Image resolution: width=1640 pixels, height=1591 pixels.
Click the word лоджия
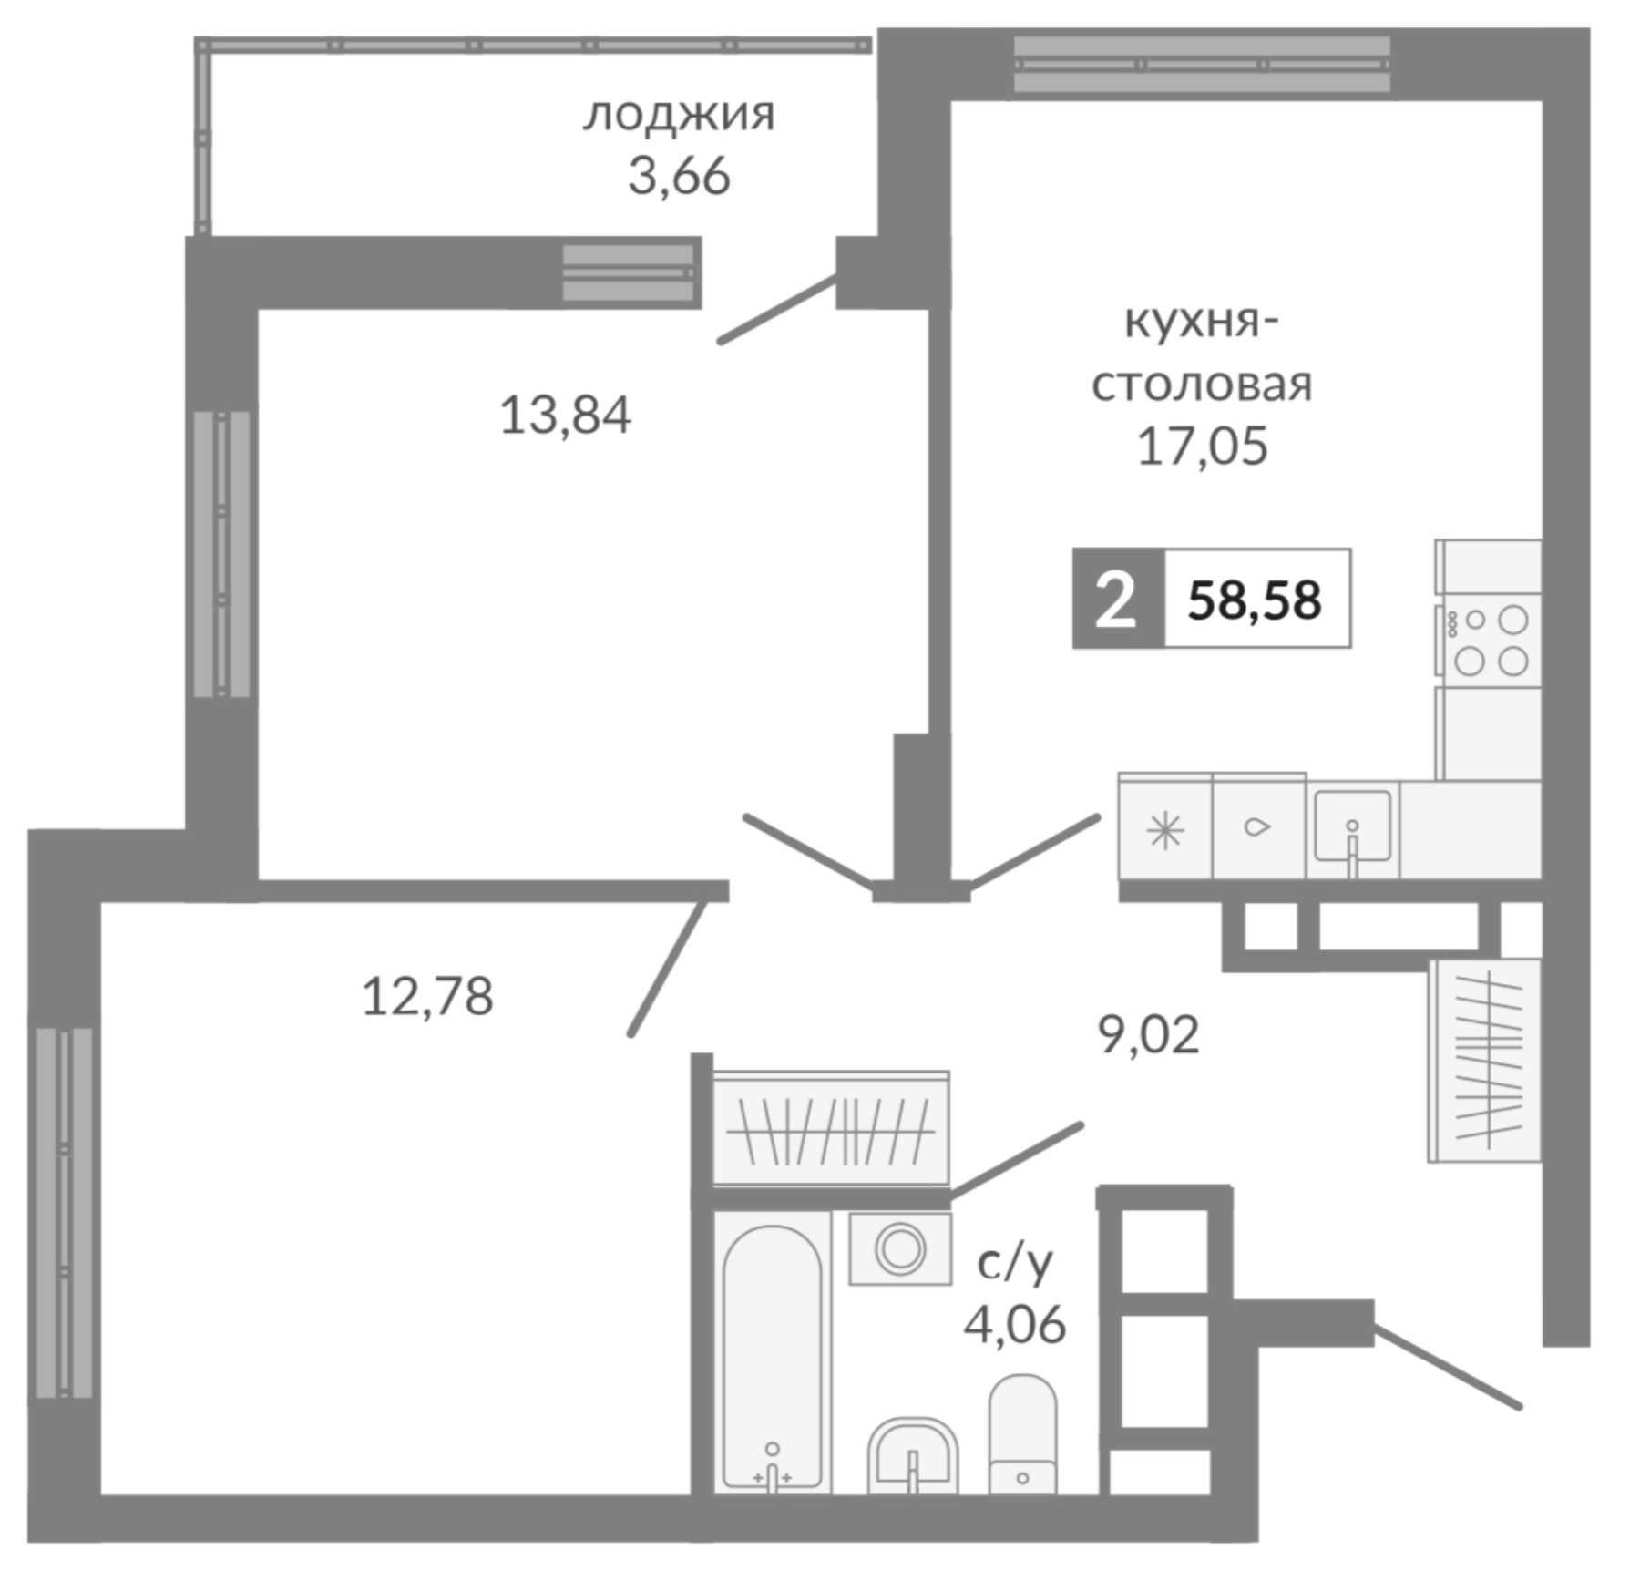pyautogui.click(x=679, y=116)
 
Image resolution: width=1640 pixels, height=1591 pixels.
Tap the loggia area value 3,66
pyautogui.click(x=679, y=176)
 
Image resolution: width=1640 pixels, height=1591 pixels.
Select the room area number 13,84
pyautogui.click(x=565, y=416)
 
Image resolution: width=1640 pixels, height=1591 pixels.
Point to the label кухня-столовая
pyautogui.click(x=1202, y=354)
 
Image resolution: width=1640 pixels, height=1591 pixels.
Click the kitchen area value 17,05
pyautogui.click(x=1202, y=447)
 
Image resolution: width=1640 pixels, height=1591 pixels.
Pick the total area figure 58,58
pyautogui.click(x=1255, y=600)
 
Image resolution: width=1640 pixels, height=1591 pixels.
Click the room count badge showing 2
pyautogui.click(x=1116, y=600)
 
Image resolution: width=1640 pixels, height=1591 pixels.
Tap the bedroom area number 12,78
pyautogui.click(x=427, y=996)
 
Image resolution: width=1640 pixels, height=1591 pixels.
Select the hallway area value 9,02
pyautogui.click(x=1148, y=1034)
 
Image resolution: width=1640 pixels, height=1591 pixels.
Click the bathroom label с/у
pyautogui.click(x=1015, y=1262)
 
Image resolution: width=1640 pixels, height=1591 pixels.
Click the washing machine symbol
pyautogui.click(x=900, y=1248)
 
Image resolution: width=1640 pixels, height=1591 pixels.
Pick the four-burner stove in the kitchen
pyautogui.click(x=1490, y=641)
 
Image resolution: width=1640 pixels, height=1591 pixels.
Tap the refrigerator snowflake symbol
pyautogui.click(x=1165, y=831)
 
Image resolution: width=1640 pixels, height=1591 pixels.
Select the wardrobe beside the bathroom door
pyautogui.click(x=830, y=1131)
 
